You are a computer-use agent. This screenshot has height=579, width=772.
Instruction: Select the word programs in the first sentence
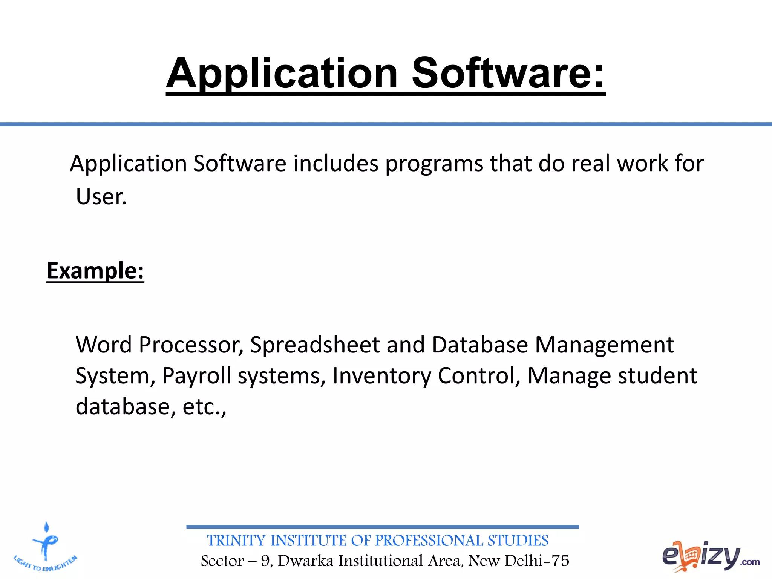coord(434,164)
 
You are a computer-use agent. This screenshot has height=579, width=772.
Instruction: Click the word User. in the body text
coord(101,197)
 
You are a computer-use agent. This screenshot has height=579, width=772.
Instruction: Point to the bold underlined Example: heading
coord(95,271)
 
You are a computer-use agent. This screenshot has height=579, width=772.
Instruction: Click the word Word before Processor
coord(104,345)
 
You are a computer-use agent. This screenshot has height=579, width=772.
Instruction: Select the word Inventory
coord(381,376)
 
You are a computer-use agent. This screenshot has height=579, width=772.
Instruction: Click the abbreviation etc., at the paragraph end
coord(204,407)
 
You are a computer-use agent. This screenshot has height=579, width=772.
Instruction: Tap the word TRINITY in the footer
coord(236,541)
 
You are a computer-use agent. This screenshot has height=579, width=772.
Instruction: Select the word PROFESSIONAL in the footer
coord(429,541)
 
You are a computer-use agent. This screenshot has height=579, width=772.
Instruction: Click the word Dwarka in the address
coord(306,561)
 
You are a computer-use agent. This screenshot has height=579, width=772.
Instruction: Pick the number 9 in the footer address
coord(265,561)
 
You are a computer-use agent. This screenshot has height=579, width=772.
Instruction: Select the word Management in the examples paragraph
coord(604,345)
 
